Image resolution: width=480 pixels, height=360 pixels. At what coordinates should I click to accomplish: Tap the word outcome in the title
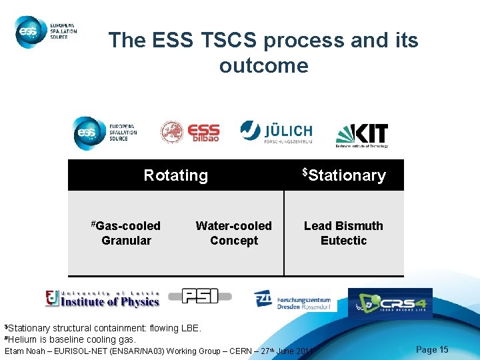click(263, 65)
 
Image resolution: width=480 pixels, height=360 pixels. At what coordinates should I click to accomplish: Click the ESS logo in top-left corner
click(46, 31)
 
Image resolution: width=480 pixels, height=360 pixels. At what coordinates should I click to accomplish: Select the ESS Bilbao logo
click(190, 132)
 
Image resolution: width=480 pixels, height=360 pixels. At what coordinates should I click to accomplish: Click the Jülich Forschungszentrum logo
click(276, 131)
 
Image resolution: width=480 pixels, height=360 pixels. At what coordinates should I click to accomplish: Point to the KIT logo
click(361, 135)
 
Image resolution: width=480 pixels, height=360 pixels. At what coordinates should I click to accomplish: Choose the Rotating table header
click(176, 175)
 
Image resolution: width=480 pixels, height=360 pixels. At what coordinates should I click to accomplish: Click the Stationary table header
click(344, 175)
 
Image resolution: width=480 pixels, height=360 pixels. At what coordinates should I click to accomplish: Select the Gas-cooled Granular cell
click(126, 233)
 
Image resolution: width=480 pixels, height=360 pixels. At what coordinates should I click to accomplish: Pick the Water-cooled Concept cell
click(233, 233)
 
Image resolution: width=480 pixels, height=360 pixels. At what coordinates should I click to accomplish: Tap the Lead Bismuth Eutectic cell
click(343, 233)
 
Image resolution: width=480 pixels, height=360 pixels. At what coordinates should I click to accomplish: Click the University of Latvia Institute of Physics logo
click(103, 299)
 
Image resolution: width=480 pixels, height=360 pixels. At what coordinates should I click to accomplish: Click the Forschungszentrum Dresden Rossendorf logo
click(293, 300)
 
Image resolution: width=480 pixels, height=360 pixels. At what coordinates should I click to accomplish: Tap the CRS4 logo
click(390, 303)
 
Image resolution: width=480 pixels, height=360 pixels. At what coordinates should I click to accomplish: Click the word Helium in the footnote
click(24, 339)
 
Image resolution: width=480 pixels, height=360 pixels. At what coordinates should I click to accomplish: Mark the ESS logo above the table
click(105, 133)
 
